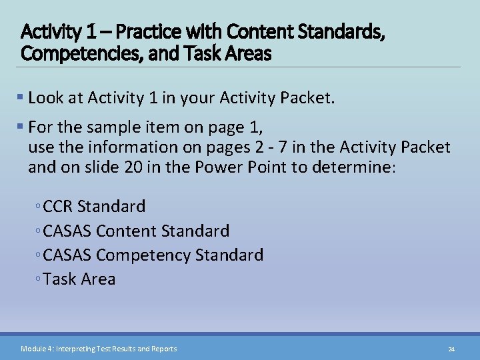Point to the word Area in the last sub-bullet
99,279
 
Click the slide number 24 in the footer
451,349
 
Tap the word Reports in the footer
164,349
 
